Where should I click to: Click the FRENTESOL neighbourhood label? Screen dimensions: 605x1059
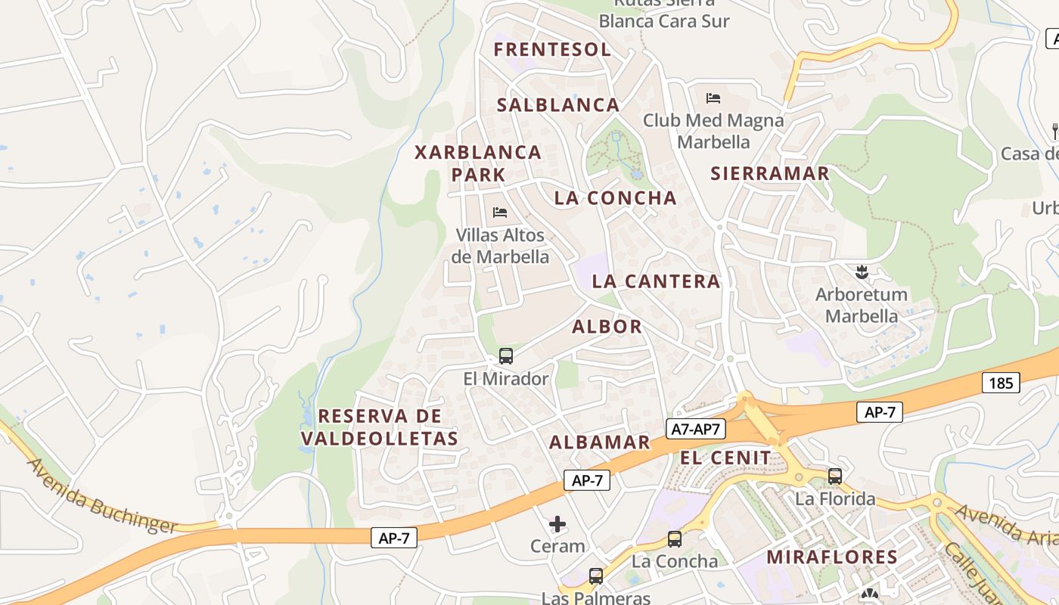[x=552, y=50]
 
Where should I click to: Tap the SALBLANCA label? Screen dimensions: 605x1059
[x=558, y=105]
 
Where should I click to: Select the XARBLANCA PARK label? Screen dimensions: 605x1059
[x=478, y=163]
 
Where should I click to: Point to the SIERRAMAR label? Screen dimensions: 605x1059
[x=770, y=173]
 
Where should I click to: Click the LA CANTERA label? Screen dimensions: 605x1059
[x=656, y=281]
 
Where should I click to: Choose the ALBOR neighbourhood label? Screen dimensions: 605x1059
[x=607, y=327]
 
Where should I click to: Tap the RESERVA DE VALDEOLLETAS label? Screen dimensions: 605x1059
[x=380, y=427]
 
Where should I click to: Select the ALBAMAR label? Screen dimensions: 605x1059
[x=599, y=442]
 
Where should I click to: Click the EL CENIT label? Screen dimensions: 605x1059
[x=725, y=458]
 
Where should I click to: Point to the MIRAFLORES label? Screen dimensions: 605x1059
[x=832, y=557]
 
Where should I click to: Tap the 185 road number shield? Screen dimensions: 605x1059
[x=1001, y=383]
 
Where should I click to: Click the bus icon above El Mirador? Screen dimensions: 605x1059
[x=506, y=355]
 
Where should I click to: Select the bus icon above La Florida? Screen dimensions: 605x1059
[x=835, y=476]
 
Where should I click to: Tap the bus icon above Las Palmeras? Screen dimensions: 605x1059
[x=596, y=576]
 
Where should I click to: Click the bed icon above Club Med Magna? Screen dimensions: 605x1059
[x=713, y=98]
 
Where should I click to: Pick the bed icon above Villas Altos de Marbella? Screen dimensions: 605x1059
[x=500, y=213]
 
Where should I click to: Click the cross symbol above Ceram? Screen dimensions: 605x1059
[x=557, y=523]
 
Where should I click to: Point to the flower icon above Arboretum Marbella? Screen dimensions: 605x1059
[x=861, y=271]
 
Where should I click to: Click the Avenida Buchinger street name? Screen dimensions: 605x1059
[x=102, y=496]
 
